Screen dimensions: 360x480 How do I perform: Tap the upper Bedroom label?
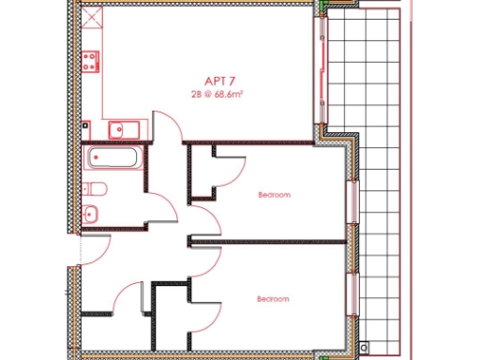pyautogui.click(x=274, y=195)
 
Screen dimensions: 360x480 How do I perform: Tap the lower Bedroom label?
pyautogui.click(x=274, y=298)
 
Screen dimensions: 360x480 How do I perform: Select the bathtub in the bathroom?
pyautogui.click(x=113, y=157)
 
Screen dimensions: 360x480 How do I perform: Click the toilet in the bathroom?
pyautogui.click(x=96, y=189)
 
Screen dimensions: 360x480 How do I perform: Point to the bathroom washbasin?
pyautogui.click(x=92, y=214)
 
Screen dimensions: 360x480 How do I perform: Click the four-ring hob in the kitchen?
pyautogui.click(x=92, y=63)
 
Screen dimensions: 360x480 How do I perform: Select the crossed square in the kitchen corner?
pyautogui.click(x=90, y=18)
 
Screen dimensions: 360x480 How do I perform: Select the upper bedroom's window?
pyautogui.click(x=352, y=201)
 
